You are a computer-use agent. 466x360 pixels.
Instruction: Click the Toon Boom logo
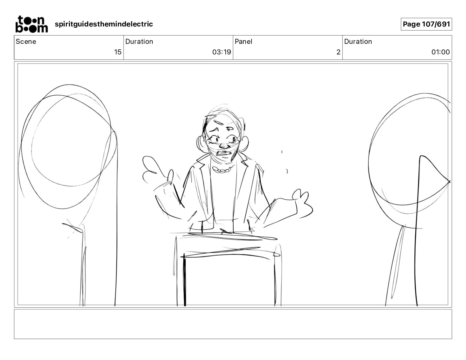[x=32, y=24]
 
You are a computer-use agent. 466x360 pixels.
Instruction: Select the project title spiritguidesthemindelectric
[x=104, y=24]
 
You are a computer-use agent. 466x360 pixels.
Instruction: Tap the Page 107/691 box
[x=426, y=24]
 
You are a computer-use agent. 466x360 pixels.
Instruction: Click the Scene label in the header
[x=26, y=41]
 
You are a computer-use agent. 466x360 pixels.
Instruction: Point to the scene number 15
[x=118, y=52]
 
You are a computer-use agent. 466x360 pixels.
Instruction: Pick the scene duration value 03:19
[x=222, y=52]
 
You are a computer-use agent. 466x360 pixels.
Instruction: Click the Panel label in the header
[x=243, y=41]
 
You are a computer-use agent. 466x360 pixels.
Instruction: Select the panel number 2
[x=338, y=52]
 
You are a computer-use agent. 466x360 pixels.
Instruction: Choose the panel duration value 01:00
[x=440, y=52]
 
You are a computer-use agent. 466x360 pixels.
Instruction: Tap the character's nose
[x=224, y=146]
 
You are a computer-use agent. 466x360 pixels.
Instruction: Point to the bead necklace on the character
[x=222, y=170]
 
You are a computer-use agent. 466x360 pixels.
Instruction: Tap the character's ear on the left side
[x=201, y=144]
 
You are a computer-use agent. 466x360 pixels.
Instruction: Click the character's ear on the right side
[x=244, y=144]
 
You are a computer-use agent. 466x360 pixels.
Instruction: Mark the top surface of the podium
[x=227, y=236]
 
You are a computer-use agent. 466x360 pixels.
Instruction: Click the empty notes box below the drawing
[x=233, y=324]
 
